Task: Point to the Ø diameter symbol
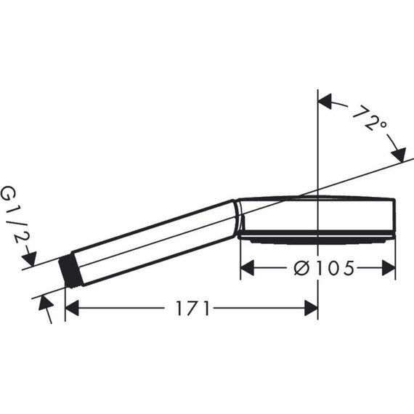[301, 269]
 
